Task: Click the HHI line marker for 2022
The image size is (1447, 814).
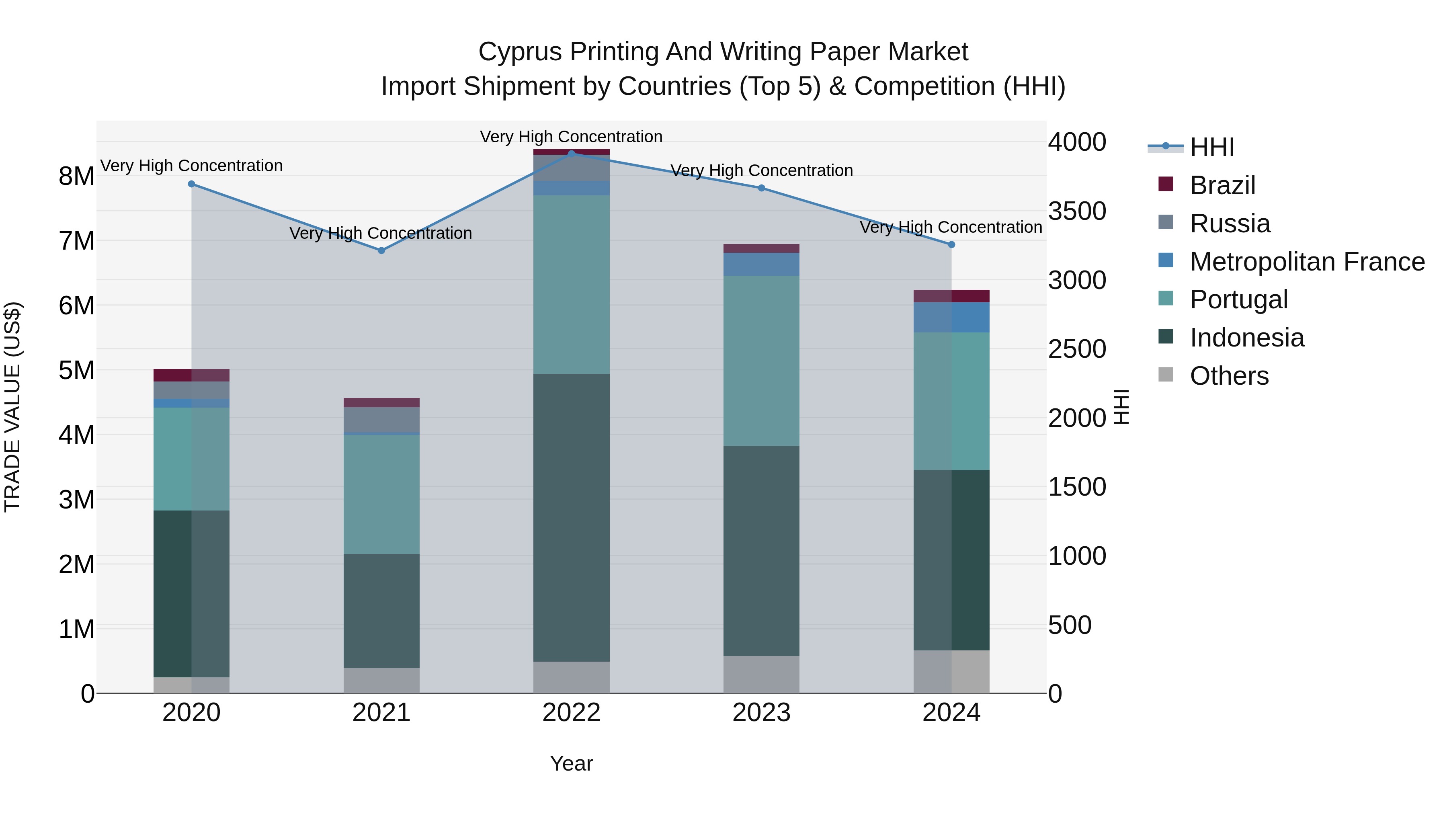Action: (x=571, y=154)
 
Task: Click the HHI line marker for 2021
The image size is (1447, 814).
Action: (x=381, y=250)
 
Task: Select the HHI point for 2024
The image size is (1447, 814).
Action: (x=951, y=244)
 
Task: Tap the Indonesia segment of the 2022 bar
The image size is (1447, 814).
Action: (x=571, y=517)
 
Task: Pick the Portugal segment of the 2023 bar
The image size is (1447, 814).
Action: (x=761, y=360)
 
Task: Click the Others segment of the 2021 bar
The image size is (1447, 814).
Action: (x=381, y=680)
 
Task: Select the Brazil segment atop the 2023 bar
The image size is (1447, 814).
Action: (x=761, y=248)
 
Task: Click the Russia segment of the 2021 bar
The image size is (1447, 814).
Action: (x=381, y=419)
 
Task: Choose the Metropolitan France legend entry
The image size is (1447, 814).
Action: (x=1307, y=262)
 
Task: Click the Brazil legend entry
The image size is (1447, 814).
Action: (x=1222, y=185)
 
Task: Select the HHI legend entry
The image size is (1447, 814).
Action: (x=1211, y=147)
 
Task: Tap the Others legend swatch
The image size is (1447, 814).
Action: (x=1166, y=375)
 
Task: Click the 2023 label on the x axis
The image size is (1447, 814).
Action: (x=761, y=713)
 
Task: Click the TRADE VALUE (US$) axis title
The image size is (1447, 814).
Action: (x=12, y=407)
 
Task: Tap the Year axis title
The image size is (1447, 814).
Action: (x=571, y=763)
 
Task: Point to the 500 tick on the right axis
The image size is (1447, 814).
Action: (x=1070, y=625)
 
